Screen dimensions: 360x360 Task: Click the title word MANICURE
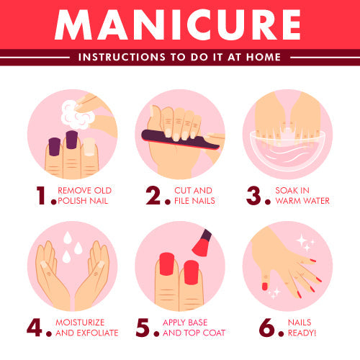[x=179, y=24]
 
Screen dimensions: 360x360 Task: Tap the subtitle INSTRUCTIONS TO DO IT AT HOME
[x=179, y=57]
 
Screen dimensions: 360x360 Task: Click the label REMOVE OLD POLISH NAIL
[x=85, y=195]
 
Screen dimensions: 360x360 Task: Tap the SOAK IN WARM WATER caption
[x=302, y=195]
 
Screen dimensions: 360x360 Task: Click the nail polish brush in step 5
[x=202, y=244]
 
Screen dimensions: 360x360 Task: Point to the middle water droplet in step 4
[x=76, y=247]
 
